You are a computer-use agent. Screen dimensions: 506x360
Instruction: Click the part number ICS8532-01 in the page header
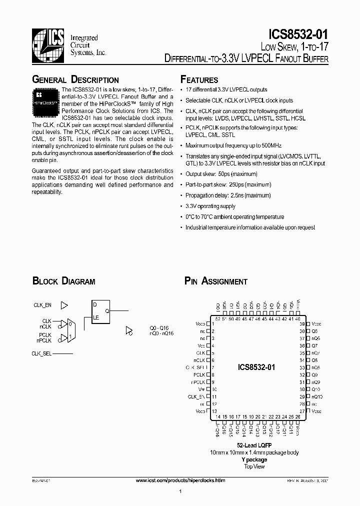click(298, 34)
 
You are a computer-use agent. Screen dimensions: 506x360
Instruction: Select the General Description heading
click(75, 80)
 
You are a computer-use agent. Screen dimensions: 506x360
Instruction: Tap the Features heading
click(199, 80)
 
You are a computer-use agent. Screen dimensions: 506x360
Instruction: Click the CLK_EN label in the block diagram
click(42, 304)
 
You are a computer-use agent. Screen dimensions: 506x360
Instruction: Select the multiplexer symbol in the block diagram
click(71, 330)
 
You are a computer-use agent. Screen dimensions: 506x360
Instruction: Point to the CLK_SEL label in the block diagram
click(42, 353)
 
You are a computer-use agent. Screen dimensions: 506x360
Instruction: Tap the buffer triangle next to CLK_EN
click(64, 304)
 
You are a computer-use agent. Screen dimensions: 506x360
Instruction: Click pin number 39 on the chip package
click(302, 324)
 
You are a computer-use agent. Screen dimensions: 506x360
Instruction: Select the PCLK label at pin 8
click(200, 374)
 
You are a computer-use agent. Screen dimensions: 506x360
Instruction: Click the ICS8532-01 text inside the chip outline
click(256, 367)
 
